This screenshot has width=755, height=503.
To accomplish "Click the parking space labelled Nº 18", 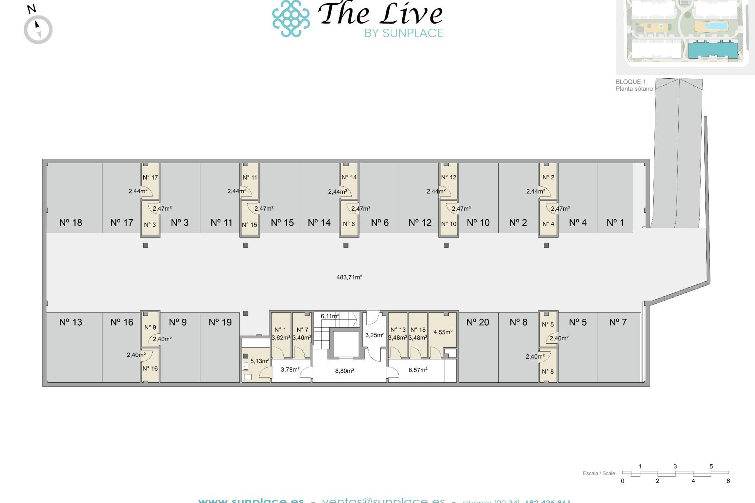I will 71,222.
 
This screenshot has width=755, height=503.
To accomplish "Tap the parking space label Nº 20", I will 477,322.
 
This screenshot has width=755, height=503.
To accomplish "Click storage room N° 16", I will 150,368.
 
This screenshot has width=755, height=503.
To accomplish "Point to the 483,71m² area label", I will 349,277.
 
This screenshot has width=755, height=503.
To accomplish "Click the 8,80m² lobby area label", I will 344,371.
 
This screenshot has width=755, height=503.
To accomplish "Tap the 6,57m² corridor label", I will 418,370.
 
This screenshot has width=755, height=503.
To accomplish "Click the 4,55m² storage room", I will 443,332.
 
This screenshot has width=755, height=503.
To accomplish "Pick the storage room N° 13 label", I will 398,330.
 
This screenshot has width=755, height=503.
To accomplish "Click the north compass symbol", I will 38,29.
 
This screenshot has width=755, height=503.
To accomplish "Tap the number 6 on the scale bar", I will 728,481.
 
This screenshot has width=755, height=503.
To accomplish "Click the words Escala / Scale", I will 598,473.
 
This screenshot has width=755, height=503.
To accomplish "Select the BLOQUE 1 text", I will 630,82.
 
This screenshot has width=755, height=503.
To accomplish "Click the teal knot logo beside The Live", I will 291,18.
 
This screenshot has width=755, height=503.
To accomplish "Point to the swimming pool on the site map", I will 715,26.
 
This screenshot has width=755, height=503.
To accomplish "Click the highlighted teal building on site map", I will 713,50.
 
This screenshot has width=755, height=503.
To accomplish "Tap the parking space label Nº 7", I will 617,322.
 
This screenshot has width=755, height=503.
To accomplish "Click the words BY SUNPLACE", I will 403,33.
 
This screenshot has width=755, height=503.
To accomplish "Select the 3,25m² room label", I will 374,335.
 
